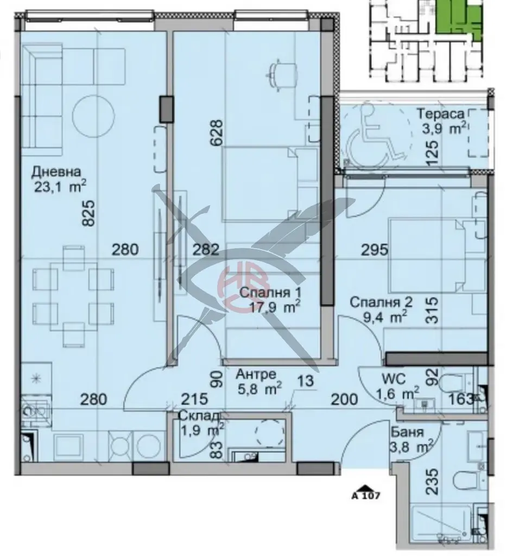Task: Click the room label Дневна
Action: [56, 172]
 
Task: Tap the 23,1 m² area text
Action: [60, 187]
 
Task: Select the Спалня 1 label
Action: [270, 293]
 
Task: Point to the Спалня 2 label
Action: [381, 302]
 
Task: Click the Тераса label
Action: [441, 114]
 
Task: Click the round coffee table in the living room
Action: [93, 116]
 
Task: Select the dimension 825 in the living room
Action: [88, 213]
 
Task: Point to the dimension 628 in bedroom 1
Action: [217, 132]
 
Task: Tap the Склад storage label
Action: [200, 416]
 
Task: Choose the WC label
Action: [394, 378]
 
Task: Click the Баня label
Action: [407, 432]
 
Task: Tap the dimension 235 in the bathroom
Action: [431, 482]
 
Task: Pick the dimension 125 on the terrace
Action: [433, 154]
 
